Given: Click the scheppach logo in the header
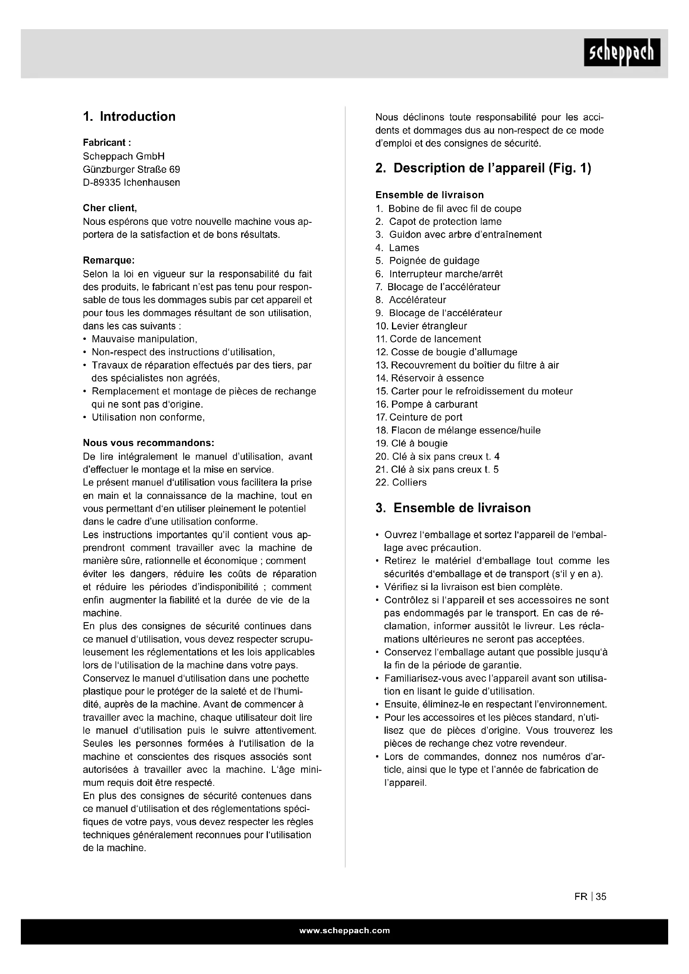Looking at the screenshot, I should pos(622,52).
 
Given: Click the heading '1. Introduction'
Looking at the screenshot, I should pos(129,117).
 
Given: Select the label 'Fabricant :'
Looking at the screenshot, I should pos(104,142).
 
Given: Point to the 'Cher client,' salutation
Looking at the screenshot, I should pos(110,208).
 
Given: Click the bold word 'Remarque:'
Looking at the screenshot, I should pos(109,260).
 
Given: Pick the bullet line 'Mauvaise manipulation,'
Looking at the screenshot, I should pos(144,339).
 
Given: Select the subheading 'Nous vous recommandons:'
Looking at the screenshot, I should pos(148,443).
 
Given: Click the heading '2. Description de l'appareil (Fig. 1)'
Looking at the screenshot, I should pos(483,168).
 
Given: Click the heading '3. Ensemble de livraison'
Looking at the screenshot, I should pos(453,508).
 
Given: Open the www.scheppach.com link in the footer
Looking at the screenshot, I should pos(344,930).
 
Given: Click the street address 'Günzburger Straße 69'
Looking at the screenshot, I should pos(132,169).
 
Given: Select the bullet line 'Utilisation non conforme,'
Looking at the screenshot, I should pos(148,417).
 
